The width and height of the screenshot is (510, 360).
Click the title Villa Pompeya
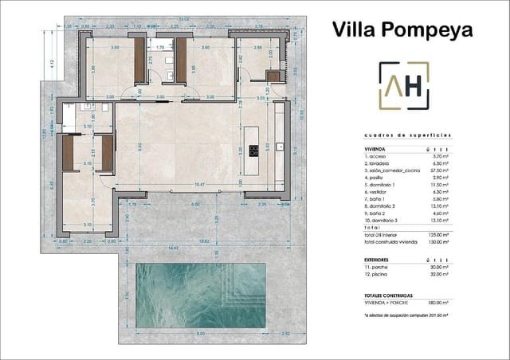pos(402,30)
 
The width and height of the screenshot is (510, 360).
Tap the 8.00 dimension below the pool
pos(201,334)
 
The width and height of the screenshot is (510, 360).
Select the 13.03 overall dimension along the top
pos(184,19)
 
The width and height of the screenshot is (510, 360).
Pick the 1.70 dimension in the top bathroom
pos(160,48)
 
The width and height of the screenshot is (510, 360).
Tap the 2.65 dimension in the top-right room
pos(258,48)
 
